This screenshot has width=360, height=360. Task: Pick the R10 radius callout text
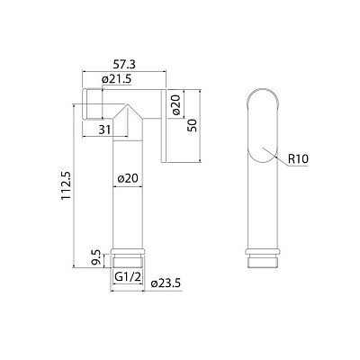click(x=300, y=159)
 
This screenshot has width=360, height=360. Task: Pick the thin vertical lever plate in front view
click(x=165, y=126)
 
